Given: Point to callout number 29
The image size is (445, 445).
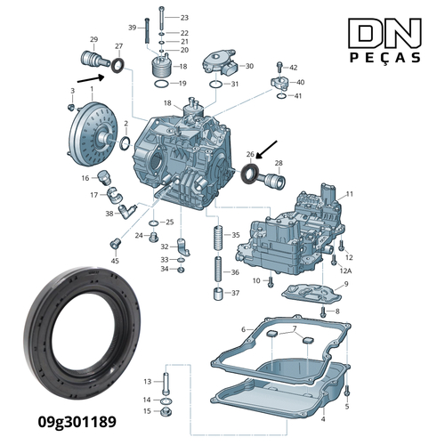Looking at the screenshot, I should tap(93, 40).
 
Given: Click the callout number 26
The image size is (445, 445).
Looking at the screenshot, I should tap(250, 154).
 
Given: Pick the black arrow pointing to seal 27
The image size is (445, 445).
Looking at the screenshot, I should tap(92, 79).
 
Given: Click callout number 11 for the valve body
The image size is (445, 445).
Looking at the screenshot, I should tap(350, 194).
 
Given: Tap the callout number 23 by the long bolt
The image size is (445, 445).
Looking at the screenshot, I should tap(184, 18).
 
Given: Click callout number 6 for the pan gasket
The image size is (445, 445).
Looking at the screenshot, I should tap(243, 329).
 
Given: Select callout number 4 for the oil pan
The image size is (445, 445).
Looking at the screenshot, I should tap(323, 418).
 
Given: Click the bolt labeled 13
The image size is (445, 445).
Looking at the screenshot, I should tap(166, 384).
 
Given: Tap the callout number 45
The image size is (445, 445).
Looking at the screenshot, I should tap(115, 261).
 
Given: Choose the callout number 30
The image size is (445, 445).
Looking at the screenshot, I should tap(249, 66).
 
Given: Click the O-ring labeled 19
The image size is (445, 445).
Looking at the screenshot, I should tap(159, 84).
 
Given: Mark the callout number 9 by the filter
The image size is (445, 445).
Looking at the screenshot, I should tap(345, 284).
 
